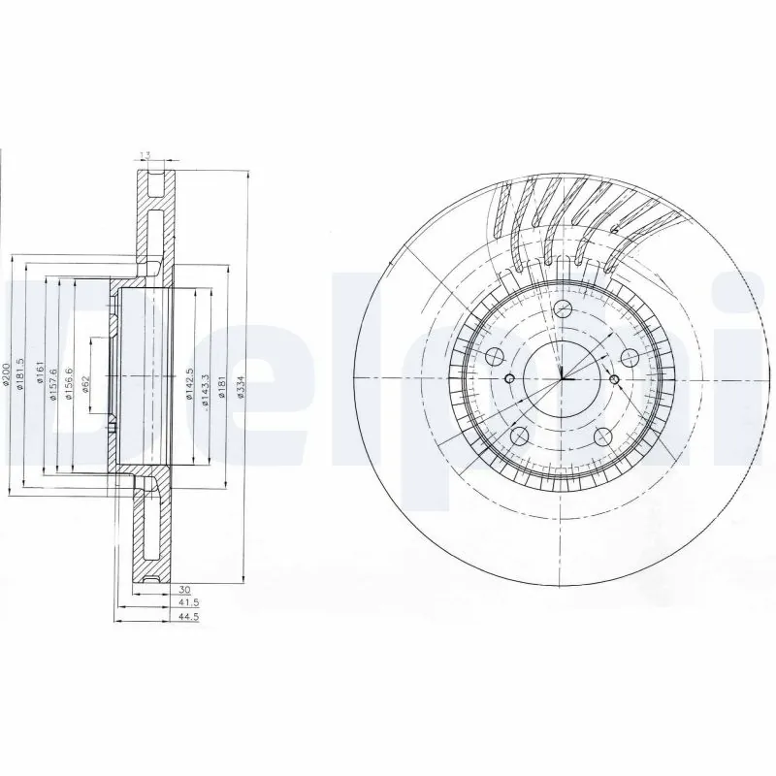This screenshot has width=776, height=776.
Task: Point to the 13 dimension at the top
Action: pos(145,155)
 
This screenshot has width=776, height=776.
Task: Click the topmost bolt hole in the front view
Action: pos(563,309)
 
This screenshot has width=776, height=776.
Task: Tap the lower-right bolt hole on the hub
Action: pos(602,435)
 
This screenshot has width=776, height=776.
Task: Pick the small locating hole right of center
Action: pos(614,376)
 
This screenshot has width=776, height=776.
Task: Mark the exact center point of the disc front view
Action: pos(563,377)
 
